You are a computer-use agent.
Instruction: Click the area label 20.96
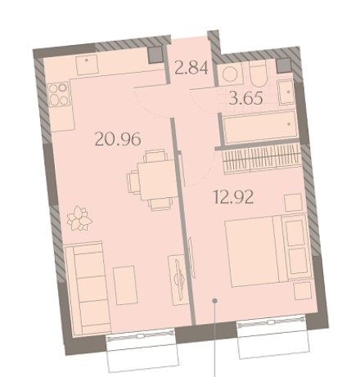(118, 138)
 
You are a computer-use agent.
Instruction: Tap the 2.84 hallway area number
(191, 68)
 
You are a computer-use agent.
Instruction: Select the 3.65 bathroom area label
(246, 98)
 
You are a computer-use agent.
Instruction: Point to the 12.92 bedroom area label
(233, 197)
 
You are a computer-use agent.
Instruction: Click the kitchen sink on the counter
(87, 65)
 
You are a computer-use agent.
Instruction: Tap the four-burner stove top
(59, 94)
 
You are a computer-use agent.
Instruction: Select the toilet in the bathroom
(258, 73)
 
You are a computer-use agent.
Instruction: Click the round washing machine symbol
(230, 74)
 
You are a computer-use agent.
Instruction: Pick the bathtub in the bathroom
(260, 128)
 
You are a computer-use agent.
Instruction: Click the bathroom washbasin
(286, 92)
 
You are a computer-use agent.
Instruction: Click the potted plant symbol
(79, 218)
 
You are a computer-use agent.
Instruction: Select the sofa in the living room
(88, 289)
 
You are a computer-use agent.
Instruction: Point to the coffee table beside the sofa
(125, 285)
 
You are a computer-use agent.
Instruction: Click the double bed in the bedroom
(268, 251)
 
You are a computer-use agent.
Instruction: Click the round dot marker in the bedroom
(215, 301)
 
